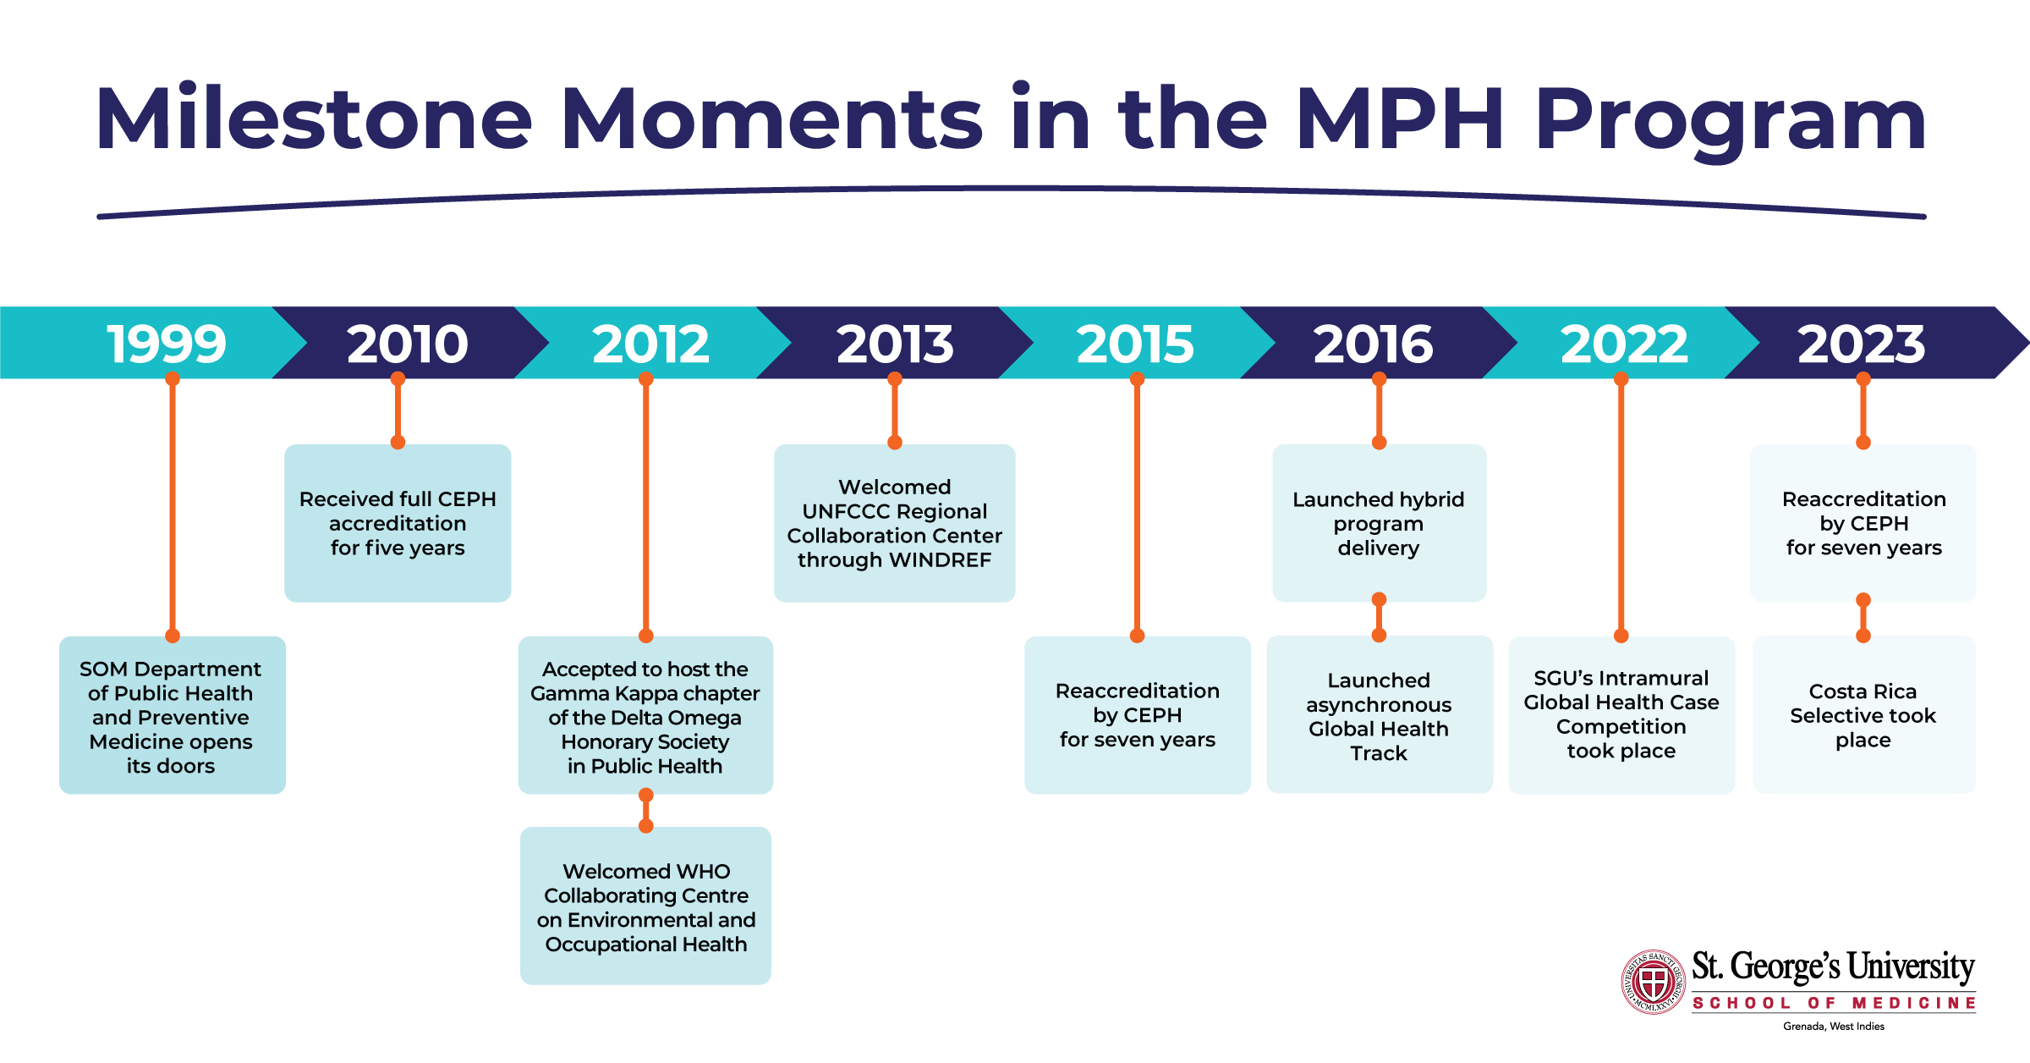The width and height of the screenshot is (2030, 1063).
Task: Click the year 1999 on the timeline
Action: [x=167, y=344]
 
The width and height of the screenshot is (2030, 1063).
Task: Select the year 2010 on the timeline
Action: [x=407, y=344]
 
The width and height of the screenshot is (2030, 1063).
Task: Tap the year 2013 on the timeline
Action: [x=895, y=344]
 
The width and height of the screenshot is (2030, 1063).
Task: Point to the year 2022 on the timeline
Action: [x=1623, y=344]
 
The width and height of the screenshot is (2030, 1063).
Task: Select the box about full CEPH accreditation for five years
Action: [x=398, y=523]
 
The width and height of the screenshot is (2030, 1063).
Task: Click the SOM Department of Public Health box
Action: [x=172, y=716]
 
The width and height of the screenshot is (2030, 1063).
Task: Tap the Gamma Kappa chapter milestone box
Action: [x=645, y=716]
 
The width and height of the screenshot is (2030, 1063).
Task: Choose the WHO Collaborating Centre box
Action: [x=645, y=906]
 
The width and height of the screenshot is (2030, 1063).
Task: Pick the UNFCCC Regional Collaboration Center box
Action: [x=894, y=523]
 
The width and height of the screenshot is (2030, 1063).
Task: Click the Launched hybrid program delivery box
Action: [x=1379, y=523]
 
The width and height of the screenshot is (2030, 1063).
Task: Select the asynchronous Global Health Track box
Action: [x=1379, y=716]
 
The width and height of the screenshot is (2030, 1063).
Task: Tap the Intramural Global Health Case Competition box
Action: [x=1621, y=714]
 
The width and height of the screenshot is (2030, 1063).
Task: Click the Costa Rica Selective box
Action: [x=1863, y=716]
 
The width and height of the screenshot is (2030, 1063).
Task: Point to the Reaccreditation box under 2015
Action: [x=1137, y=716]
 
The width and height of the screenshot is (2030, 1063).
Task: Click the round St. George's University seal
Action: [x=1653, y=982]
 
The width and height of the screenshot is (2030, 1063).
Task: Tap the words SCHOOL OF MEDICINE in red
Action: [x=1834, y=1003]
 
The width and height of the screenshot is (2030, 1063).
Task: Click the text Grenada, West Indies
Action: [x=1834, y=1027]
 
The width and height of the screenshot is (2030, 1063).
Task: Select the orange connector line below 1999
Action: [x=173, y=508]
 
